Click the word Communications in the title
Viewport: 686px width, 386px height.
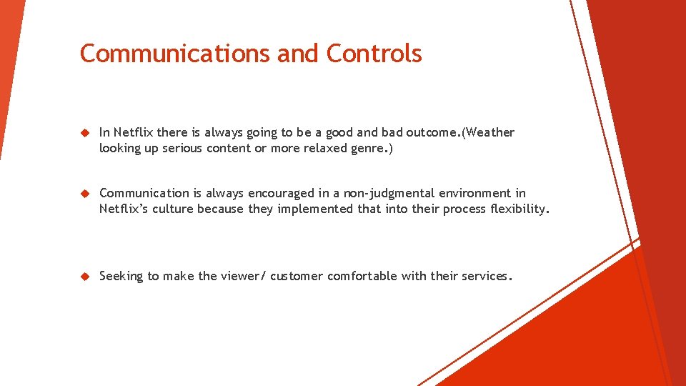pos(175,54)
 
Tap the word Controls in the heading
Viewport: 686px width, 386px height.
pos(374,54)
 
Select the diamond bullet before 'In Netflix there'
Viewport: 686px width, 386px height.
pos(84,133)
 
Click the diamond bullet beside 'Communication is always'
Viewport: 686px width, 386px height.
pos(84,194)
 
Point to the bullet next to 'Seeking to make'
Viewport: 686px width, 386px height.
pos(84,277)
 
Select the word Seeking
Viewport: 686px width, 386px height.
pos(121,277)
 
